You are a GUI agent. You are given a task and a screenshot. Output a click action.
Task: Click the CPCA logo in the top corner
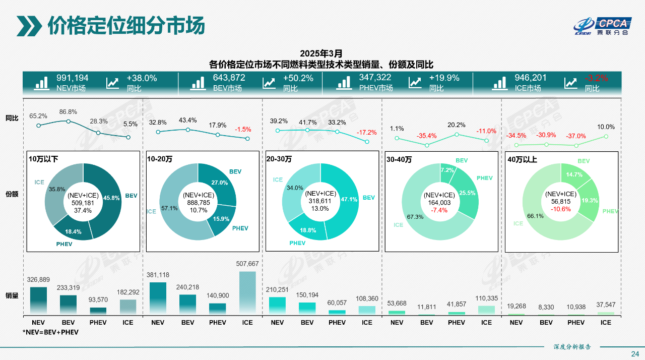pos(602,26)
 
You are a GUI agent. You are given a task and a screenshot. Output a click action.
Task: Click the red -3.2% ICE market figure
pos(596,78)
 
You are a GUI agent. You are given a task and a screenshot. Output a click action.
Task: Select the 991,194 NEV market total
pos(73,78)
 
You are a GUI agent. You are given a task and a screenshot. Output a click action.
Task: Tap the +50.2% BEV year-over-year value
pos(298,78)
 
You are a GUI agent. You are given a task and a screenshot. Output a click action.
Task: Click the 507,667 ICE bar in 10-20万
pos(247,292)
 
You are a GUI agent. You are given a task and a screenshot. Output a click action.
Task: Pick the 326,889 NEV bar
pos(38,301)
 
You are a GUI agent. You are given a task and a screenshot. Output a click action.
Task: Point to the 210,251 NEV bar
pos(277,306)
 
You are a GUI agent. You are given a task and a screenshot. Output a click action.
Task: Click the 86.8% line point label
pos(68,112)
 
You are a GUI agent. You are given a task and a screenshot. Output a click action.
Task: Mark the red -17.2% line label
pos(367,133)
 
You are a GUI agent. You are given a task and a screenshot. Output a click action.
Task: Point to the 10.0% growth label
pos(606,127)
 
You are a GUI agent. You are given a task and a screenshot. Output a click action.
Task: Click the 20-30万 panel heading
pos(279,159)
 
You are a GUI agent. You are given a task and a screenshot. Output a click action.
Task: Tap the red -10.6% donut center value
pos(560,209)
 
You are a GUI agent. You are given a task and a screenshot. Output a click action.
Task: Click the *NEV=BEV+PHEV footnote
pos(50,332)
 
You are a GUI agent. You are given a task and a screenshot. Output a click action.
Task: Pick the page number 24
pos(635,353)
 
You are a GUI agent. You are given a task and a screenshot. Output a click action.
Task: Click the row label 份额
pos(12,194)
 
